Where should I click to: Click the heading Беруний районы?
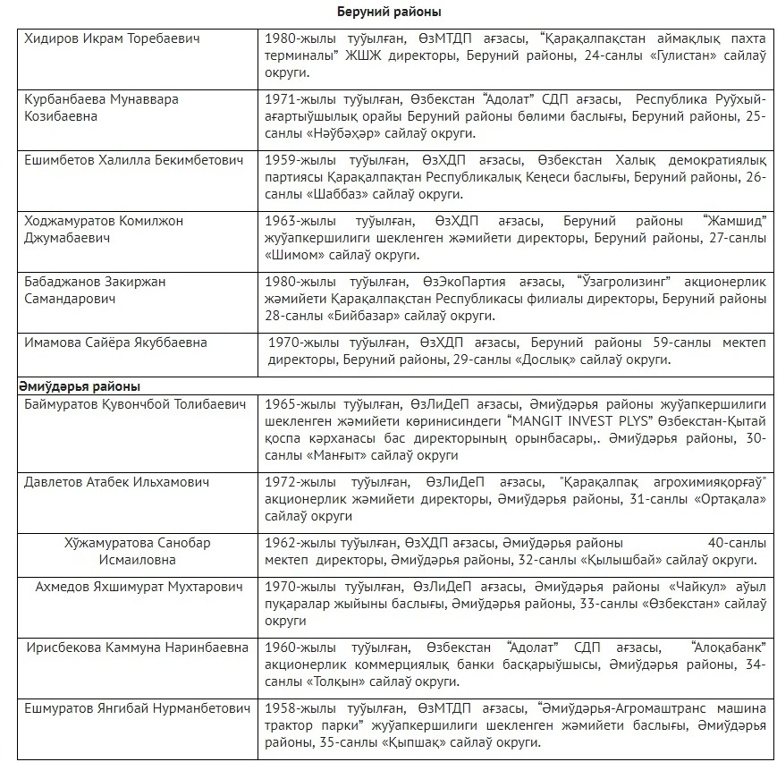tap(389, 12)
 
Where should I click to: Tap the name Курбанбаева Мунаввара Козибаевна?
tap(101, 108)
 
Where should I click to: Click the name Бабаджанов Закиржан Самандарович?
tap(95, 290)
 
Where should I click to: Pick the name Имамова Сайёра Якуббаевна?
tap(116, 343)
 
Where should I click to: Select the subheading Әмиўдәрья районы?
tap(79, 386)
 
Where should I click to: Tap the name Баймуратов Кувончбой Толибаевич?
tap(134, 404)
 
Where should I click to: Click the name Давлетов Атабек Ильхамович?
tap(117, 482)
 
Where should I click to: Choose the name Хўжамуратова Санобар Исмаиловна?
tap(138, 551)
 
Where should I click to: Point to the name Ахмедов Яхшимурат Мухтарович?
tap(139, 587)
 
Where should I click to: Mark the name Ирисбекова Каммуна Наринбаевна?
tap(137, 648)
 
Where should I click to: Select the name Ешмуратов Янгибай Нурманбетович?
tap(137, 708)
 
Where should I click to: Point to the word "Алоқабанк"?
tap(727, 648)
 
